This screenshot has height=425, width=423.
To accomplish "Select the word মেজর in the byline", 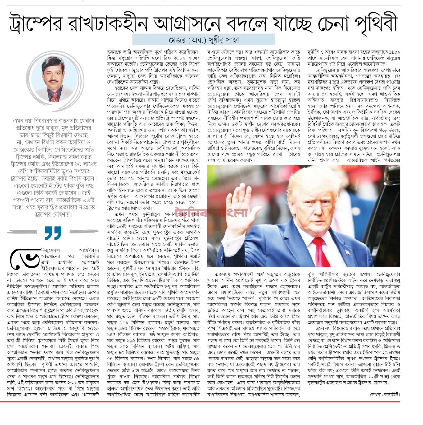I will click(x=177, y=40).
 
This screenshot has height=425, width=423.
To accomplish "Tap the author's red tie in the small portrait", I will click(x=54, y=97).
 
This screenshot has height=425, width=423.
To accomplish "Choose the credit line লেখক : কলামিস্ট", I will click(x=384, y=395).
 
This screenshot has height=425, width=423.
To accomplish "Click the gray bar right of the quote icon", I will click(x=84, y=231).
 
